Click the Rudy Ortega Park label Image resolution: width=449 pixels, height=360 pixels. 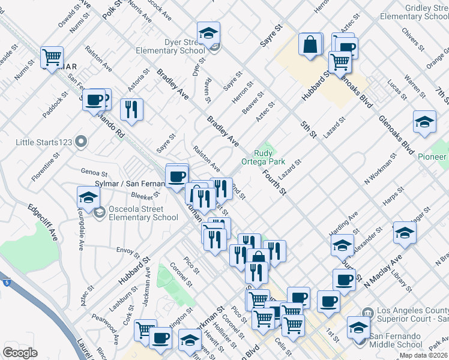click(x=263, y=157)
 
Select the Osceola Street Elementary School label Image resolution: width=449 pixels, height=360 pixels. click(x=143, y=214)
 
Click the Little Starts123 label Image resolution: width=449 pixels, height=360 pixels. click(x=45, y=142)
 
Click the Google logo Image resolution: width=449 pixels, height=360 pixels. click(x=20, y=353)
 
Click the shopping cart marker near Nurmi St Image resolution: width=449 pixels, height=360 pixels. click(x=52, y=57)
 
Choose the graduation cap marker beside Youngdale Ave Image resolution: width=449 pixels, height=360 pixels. click(x=88, y=197)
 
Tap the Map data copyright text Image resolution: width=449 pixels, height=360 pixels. click(x=423, y=355)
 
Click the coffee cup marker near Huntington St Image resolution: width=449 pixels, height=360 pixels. click(x=160, y=337)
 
